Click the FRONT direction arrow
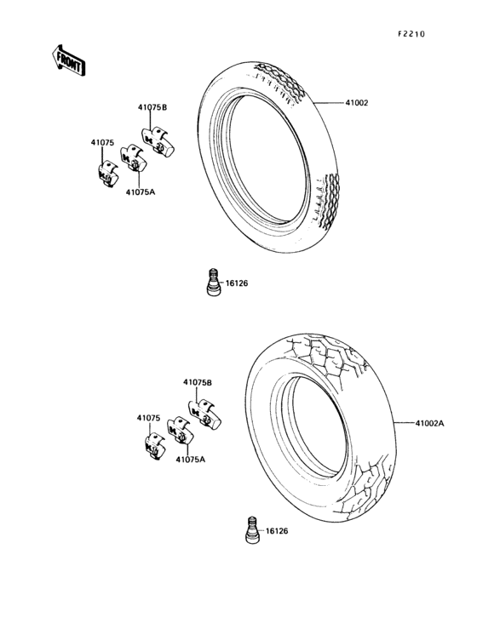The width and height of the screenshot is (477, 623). point(68,60)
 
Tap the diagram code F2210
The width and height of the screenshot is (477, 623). point(411,34)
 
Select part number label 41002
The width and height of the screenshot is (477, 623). point(357,103)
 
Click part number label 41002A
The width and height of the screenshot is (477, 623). point(429,423)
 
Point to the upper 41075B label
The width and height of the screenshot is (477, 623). point(152,107)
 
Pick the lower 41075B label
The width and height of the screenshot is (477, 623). point(198,383)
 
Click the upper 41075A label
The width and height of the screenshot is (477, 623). point(141,192)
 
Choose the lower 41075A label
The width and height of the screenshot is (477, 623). point(191,460)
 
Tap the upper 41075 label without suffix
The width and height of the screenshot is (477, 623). point(102,143)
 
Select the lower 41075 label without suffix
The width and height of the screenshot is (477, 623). point(149,418)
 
